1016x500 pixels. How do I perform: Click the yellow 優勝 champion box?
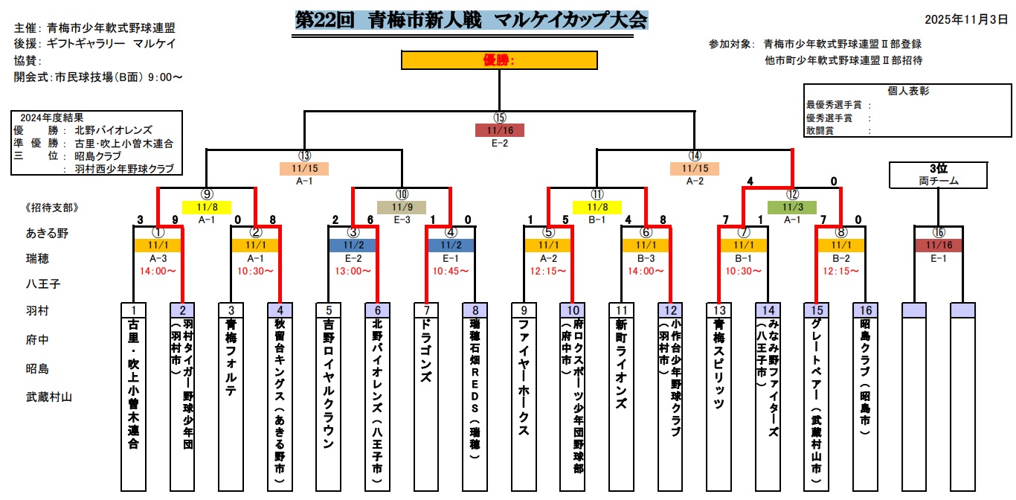click(499, 60)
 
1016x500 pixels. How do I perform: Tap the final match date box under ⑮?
click(499, 130)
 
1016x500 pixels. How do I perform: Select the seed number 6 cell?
click(377, 310)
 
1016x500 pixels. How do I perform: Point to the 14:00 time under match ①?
click(158, 271)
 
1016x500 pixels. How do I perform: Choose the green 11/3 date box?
click(791, 207)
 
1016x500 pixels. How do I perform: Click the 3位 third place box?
click(938, 175)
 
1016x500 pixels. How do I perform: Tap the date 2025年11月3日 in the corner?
click(965, 19)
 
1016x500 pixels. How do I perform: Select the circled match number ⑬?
click(303, 156)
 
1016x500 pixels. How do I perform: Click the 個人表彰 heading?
click(908, 91)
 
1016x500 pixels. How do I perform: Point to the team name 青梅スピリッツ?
click(718, 364)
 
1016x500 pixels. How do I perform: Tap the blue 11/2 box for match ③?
click(353, 245)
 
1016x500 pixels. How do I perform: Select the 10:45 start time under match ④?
click(451, 271)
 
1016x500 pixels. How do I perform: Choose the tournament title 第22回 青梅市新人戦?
click(471, 19)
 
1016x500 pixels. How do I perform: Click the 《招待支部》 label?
click(51, 208)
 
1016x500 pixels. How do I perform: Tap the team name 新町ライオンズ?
click(621, 364)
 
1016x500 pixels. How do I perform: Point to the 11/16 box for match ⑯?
click(938, 245)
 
